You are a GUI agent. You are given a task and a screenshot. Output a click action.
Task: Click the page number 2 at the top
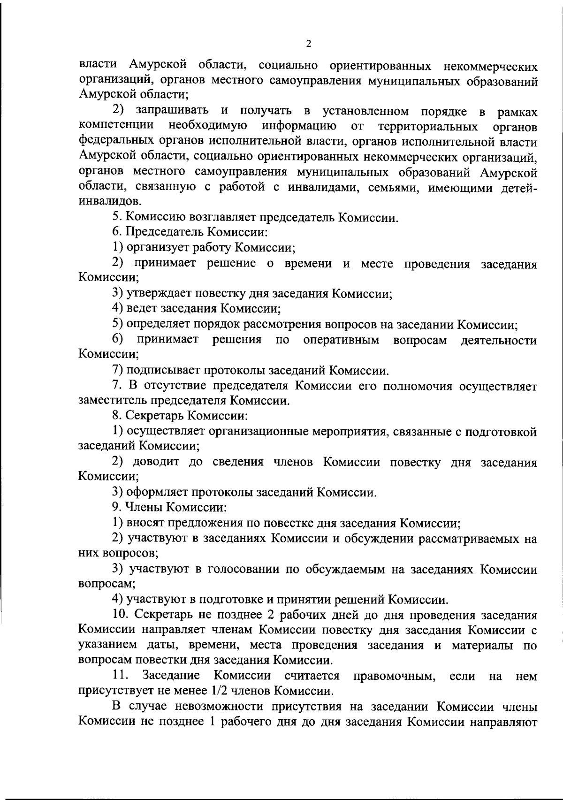pyautogui.click(x=308, y=44)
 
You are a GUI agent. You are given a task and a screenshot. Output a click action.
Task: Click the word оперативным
pyautogui.click(x=341, y=340)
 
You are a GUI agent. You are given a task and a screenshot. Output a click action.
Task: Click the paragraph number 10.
pyautogui.click(x=119, y=615)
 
